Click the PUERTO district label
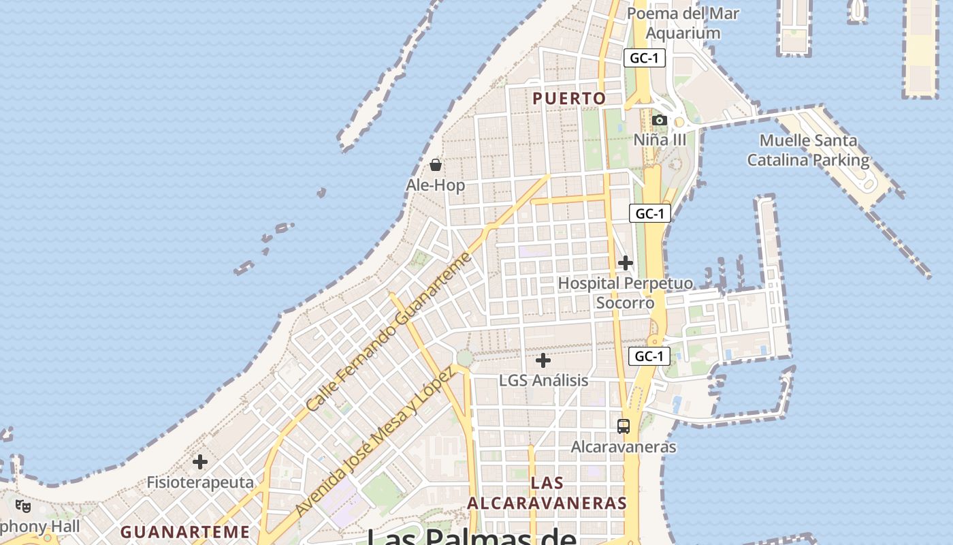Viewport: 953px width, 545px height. pos(569,99)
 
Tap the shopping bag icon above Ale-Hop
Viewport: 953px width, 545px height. pos(436,165)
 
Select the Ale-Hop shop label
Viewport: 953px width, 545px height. pos(436,185)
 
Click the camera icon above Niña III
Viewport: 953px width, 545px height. pos(659,121)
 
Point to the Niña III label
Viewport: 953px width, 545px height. pos(660,140)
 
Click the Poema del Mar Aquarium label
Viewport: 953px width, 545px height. pos(683,23)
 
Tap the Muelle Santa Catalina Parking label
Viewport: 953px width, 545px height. pos(809,151)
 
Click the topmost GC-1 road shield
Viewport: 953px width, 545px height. pos(644,58)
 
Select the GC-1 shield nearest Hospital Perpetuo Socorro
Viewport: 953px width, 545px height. pos(649,214)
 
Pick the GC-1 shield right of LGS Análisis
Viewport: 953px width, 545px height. pos(649,356)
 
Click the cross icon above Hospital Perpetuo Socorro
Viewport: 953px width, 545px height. pos(626,263)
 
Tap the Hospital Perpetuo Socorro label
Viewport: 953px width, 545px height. pos(626,293)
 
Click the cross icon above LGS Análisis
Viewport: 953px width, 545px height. pos(543,360)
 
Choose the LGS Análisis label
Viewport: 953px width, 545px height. pos(543,380)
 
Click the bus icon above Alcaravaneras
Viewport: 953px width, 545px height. pos(624,426)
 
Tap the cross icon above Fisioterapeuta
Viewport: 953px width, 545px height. pos(200,462)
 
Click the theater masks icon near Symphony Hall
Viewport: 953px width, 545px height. pos(23,506)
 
